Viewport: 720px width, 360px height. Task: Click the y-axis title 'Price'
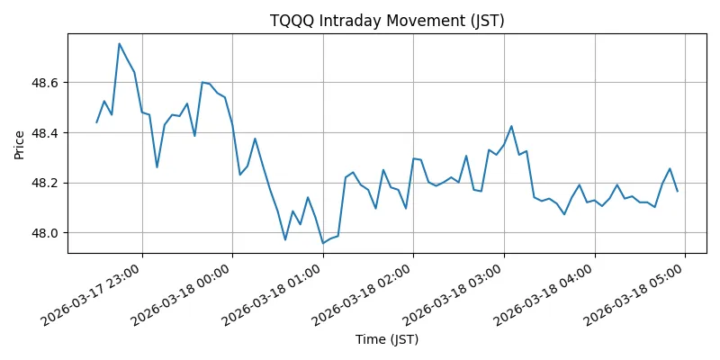point(19,144)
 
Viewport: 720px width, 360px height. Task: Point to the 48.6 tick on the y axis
point(44,83)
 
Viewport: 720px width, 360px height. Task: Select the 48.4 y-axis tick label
point(44,133)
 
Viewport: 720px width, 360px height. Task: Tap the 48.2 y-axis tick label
point(44,183)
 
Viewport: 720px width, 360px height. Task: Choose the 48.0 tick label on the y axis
point(44,233)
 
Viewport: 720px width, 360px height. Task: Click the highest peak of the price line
point(119,43)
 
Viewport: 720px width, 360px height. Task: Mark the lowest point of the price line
point(323,243)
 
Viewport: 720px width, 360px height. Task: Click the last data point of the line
point(678,191)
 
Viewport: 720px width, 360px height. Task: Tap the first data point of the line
point(96,122)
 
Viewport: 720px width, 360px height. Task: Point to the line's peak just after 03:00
point(511,126)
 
